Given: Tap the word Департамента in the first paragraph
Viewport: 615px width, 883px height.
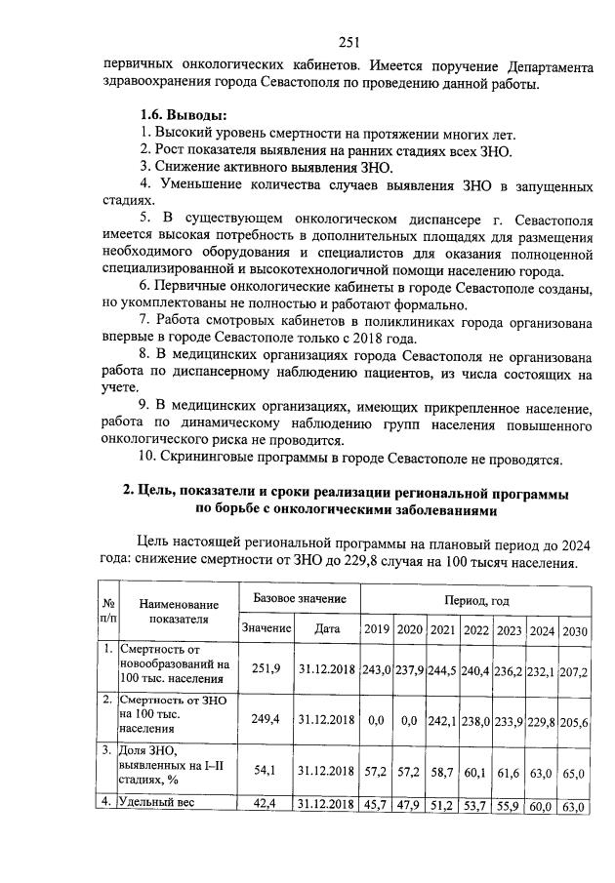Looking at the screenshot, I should pos(551,67).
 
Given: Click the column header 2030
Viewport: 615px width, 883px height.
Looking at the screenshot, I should pos(574,630).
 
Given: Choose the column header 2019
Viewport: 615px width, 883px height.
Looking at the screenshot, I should pos(376,630).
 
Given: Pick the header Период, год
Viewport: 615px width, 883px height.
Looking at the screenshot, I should pos(475,601).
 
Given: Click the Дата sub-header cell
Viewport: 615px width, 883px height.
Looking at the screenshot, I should pos(327,630).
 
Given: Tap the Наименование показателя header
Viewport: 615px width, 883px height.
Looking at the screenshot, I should pos(179,612).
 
